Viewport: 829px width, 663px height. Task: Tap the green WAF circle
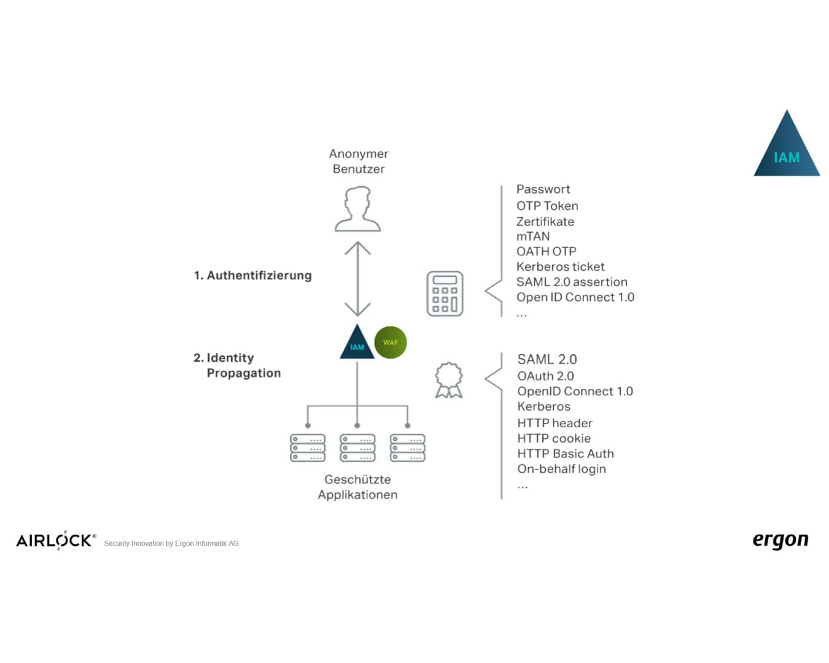click(390, 343)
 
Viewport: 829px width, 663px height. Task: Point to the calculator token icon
click(445, 293)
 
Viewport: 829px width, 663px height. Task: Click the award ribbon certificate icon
click(449, 380)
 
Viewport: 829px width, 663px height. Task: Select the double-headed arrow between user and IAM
click(357, 279)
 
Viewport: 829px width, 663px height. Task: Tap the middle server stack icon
click(357, 448)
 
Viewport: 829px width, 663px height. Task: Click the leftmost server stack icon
click(308, 448)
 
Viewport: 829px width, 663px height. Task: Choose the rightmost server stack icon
click(408, 448)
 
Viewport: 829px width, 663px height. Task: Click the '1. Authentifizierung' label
click(253, 276)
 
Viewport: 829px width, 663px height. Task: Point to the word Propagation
click(243, 373)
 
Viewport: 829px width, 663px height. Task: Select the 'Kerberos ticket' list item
click(560, 266)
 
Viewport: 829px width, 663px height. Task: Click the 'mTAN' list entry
click(533, 236)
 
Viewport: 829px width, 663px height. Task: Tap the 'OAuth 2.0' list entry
click(545, 376)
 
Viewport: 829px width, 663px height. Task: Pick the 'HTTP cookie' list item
click(553, 438)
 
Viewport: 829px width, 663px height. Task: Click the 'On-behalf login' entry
click(561, 469)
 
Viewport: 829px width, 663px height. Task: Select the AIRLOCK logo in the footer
click(56, 540)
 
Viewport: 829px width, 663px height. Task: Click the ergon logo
click(780, 540)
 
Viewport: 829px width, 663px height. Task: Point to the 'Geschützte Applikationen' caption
click(357, 487)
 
